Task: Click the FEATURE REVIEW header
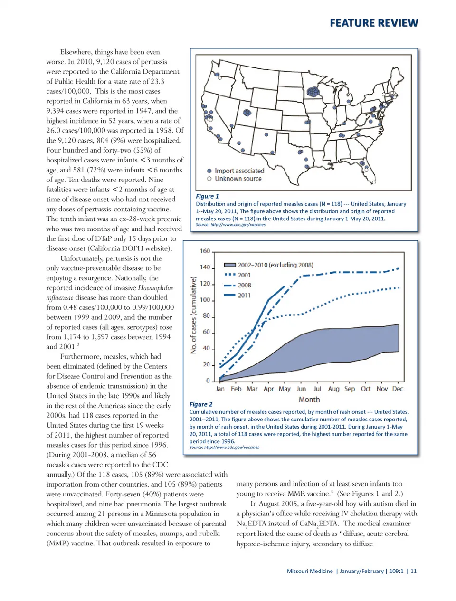click(374, 23)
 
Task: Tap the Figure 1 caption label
click(207, 196)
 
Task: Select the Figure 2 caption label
click(201, 404)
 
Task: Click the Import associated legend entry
click(239, 171)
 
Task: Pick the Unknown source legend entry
click(237, 179)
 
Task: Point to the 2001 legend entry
click(244, 275)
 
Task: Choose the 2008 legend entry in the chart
click(244, 285)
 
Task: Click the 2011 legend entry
click(244, 296)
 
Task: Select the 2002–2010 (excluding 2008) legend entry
click(275, 265)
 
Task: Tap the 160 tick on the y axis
click(205, 251)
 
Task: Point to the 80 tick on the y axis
click(206, 316)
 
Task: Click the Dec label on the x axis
click(398, 389)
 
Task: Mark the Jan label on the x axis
click(220, 389)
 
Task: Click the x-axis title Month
click(309, 400)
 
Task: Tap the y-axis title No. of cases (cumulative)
click(193, 315)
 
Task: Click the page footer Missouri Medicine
click(310, 571)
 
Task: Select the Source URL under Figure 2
click(224, 447)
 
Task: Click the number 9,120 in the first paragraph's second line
click(106, 62)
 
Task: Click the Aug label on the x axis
click(333, 389)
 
